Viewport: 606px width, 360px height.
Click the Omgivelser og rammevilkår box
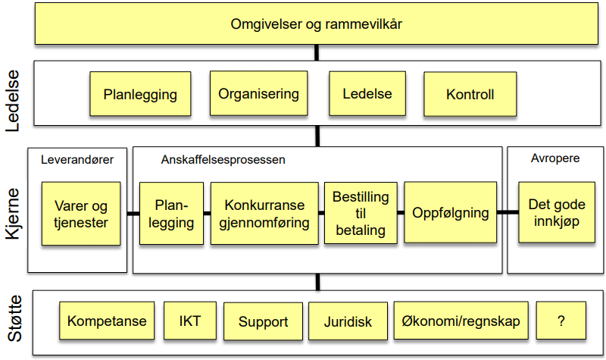pos(317,24)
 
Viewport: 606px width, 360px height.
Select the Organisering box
pos(258,93)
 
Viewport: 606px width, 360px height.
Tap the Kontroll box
pos(470,94)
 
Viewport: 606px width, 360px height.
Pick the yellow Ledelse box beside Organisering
pos(367,93)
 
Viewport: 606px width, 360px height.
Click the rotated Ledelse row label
pos(12,101)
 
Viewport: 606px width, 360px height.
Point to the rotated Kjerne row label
pos(12,214)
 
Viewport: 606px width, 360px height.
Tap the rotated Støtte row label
pos(14,318)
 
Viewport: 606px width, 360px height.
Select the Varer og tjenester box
pos(81,214)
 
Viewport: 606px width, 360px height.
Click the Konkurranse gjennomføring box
pos(264,214)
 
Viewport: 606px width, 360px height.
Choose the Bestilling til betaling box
pos(361,213)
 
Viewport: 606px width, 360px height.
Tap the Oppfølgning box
pos(450,212)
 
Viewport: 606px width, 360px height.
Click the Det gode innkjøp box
pos(557,212)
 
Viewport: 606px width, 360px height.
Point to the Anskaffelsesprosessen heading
pos(223,160)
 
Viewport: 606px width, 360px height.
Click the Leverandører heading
pos(77,160)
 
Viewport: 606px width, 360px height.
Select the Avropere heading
pos(555,158)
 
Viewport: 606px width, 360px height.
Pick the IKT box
pos(190,321)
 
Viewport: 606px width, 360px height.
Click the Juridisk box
pos(348,321)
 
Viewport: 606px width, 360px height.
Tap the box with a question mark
pos(561,321)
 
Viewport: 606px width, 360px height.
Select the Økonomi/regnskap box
pos(461,321)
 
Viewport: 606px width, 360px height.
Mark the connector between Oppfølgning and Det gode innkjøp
pos(508,212)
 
